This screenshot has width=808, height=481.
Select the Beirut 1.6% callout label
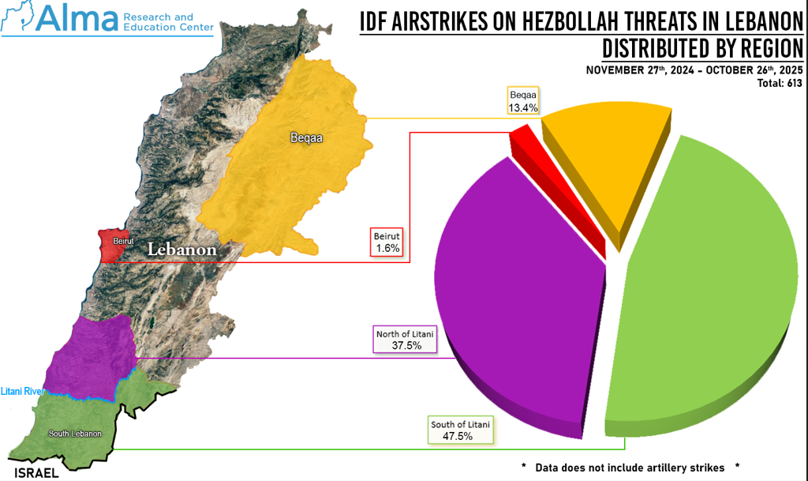point(388,242)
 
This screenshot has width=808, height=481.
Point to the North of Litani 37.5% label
point(406,340)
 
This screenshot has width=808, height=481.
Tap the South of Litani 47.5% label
point(461,430)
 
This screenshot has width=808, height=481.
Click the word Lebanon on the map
point(182,250)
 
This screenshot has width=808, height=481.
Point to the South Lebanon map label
point(74,434)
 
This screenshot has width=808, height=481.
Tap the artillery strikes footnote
point(631,467)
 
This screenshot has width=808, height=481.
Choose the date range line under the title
point(694,70)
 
